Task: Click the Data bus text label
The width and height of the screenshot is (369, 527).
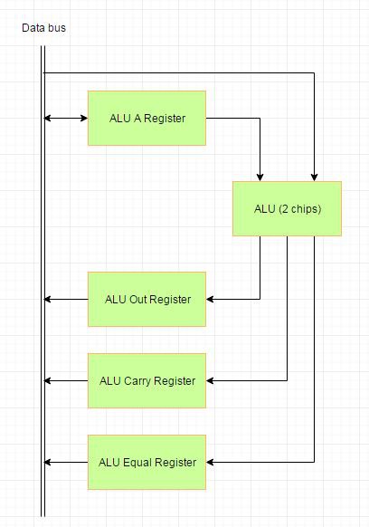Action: coord(43,27)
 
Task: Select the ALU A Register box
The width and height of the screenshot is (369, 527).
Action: coord(147,118)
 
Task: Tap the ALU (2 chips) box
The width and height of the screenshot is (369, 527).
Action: coord(287,208)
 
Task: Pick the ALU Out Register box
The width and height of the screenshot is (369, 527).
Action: coord(147,299)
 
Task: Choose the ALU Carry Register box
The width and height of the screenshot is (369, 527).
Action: coord(147,381)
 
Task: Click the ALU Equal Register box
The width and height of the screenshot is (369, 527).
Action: coord(147,462)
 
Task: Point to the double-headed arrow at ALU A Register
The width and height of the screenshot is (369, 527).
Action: coord(66,118)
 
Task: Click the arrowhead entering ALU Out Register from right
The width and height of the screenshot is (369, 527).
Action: coord(210,299)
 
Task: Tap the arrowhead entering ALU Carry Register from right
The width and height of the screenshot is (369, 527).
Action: coord(210,381)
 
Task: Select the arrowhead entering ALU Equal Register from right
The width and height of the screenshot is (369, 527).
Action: coord(210,462)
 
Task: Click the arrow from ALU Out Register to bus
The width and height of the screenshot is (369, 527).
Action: coord(66,299)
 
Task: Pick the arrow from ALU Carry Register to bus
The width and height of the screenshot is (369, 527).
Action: coord(66,381)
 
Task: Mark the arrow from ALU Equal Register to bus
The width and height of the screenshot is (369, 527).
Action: coord(66,462)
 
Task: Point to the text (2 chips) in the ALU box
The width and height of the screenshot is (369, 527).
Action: coord(300,209)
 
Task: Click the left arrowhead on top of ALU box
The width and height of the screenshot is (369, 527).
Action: coord(260,177)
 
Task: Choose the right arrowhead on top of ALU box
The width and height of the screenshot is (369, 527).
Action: coord(314,177)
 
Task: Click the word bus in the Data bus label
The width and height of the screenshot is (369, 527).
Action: coord(57,27)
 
